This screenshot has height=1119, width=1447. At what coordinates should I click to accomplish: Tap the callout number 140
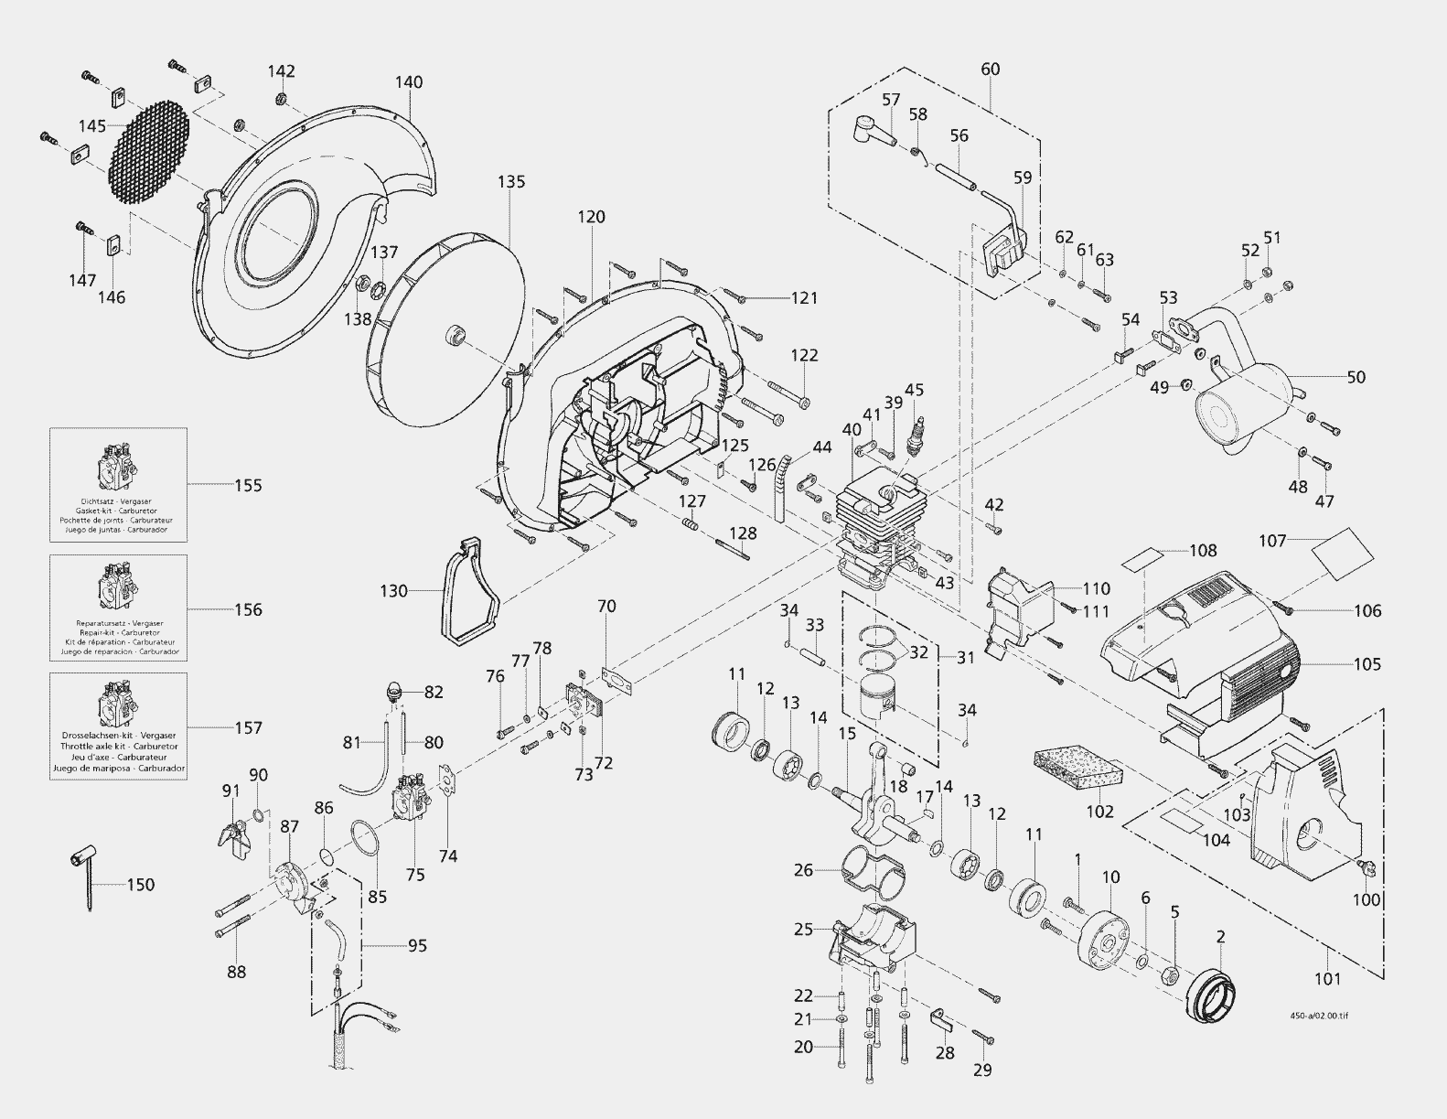click(x=409, y=82)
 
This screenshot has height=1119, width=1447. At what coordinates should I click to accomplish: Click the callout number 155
click(x=248, y=485)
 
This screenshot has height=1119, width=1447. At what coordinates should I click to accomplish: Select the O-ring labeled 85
click(x=368, y=840)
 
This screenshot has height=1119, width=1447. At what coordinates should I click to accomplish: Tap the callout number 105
click(x=1367, y=664)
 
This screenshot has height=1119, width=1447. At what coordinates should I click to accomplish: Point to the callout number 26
click(x=803, y=869)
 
